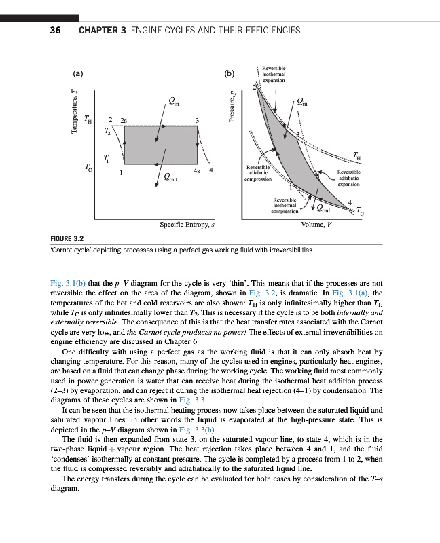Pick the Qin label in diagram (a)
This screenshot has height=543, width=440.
point(174,102)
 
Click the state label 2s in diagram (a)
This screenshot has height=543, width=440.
point(123,120)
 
